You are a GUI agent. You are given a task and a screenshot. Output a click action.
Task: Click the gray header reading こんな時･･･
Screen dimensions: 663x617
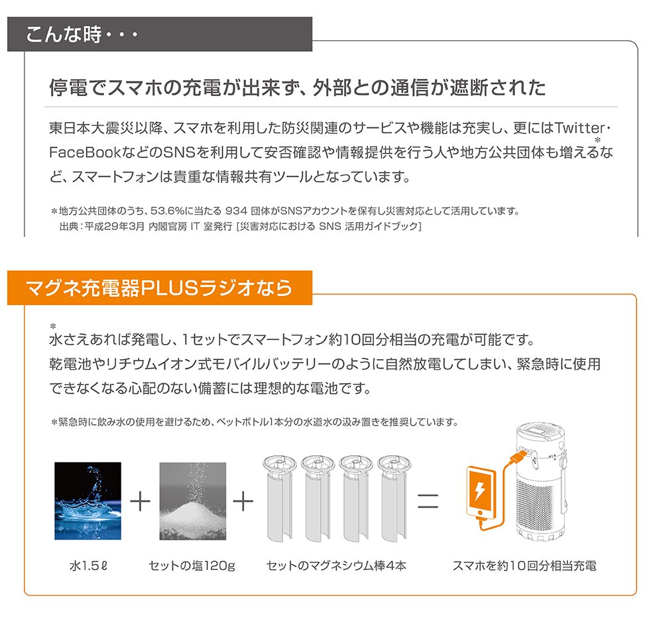pos(159,34)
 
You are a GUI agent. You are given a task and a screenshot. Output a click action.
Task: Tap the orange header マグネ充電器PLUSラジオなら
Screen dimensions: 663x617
pos(159,288)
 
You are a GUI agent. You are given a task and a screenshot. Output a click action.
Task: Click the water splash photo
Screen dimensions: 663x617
pos(88,501)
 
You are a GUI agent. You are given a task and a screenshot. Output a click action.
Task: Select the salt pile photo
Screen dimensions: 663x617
pos(193,501)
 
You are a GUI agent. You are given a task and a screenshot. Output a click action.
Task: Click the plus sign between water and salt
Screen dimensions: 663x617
pos(141,501)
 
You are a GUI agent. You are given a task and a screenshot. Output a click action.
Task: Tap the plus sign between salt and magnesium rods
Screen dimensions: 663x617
pos(243,501)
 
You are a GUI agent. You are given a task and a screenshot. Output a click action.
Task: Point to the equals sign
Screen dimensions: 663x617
pos(428,501)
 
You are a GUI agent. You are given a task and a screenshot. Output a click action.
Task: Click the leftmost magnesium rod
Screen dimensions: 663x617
pos(279,498)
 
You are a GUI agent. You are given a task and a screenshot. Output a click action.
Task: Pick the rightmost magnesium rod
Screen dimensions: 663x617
pos(394,498)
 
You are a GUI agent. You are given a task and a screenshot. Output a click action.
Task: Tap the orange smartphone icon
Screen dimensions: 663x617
pos(481,492)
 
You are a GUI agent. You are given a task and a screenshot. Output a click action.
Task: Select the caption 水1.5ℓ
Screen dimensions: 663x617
pos(88,565)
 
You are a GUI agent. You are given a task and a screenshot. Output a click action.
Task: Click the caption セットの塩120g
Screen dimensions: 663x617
pos(192,566)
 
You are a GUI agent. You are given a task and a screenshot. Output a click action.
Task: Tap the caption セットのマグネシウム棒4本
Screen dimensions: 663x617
pos(337,565)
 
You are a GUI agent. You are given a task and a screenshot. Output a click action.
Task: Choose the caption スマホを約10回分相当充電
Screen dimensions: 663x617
pos(524,565)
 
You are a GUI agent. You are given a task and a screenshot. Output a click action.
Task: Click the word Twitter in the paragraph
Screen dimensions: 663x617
pos(579,128)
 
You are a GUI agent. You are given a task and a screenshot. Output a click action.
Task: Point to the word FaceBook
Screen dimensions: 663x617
pos(85,152)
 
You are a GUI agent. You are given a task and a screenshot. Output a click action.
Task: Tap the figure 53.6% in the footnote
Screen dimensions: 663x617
pos(166,211)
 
